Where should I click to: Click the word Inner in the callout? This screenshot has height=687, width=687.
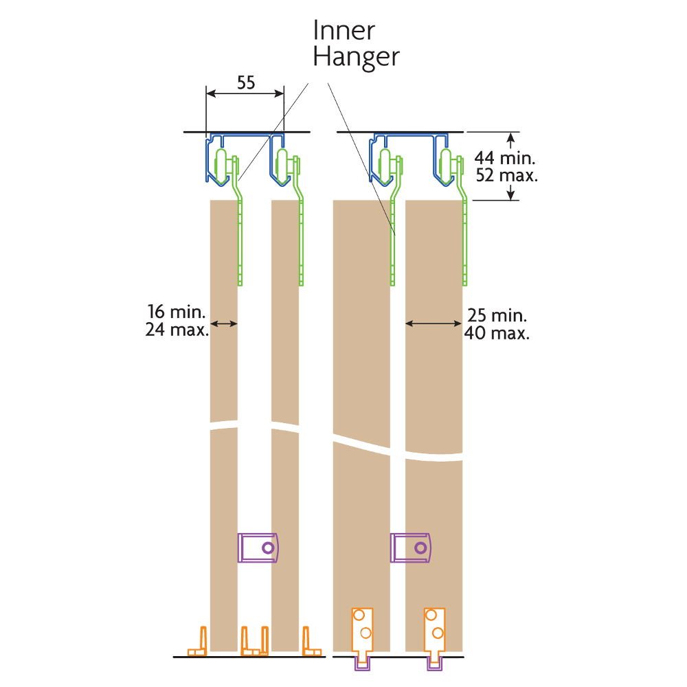(x=344, y=31)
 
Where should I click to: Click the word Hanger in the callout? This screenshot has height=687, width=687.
(x=356, y=57)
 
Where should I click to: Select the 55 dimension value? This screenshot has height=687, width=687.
(x=246, y=83)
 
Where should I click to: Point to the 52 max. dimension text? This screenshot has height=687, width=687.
(x=507, y=175)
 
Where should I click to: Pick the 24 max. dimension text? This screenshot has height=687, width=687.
(x=177, y=330)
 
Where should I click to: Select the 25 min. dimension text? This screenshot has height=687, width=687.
(x=497, y=317)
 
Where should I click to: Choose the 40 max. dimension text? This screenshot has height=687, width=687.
(x=497, y=335)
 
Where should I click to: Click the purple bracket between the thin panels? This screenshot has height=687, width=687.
(x=258, y=548)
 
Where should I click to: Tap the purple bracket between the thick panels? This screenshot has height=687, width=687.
(x=412, y=548)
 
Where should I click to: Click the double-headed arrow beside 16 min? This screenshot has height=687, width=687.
(x=224, y=323)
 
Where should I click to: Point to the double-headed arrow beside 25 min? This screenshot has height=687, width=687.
(x=433, y=323)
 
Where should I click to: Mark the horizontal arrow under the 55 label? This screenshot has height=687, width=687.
(x=246, y=94)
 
